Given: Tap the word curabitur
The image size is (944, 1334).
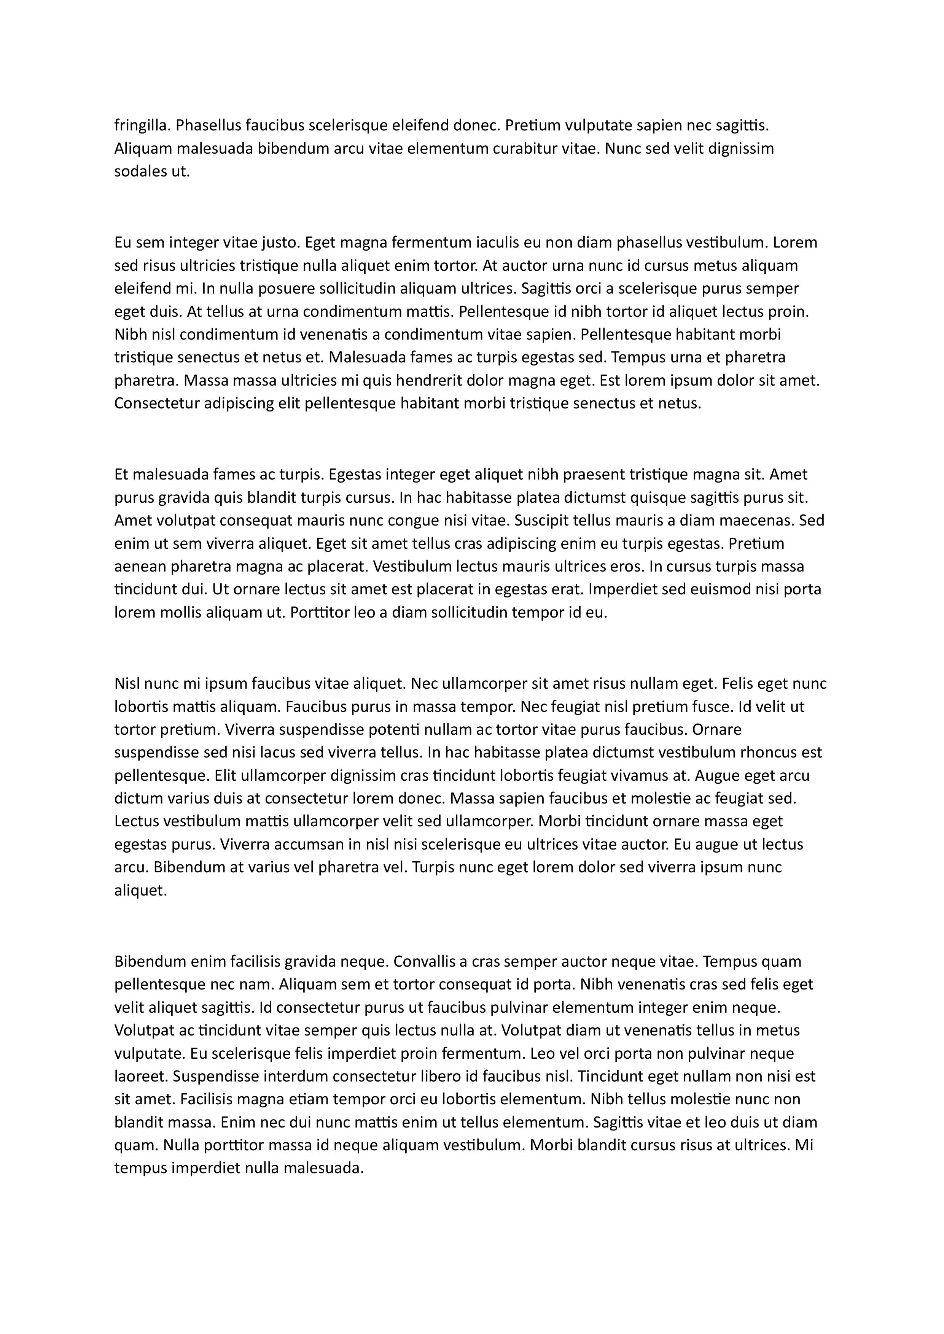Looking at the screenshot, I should point(525,149).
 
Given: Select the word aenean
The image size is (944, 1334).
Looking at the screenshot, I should point(139,567).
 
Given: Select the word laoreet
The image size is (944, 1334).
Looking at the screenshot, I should point(141,1077).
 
